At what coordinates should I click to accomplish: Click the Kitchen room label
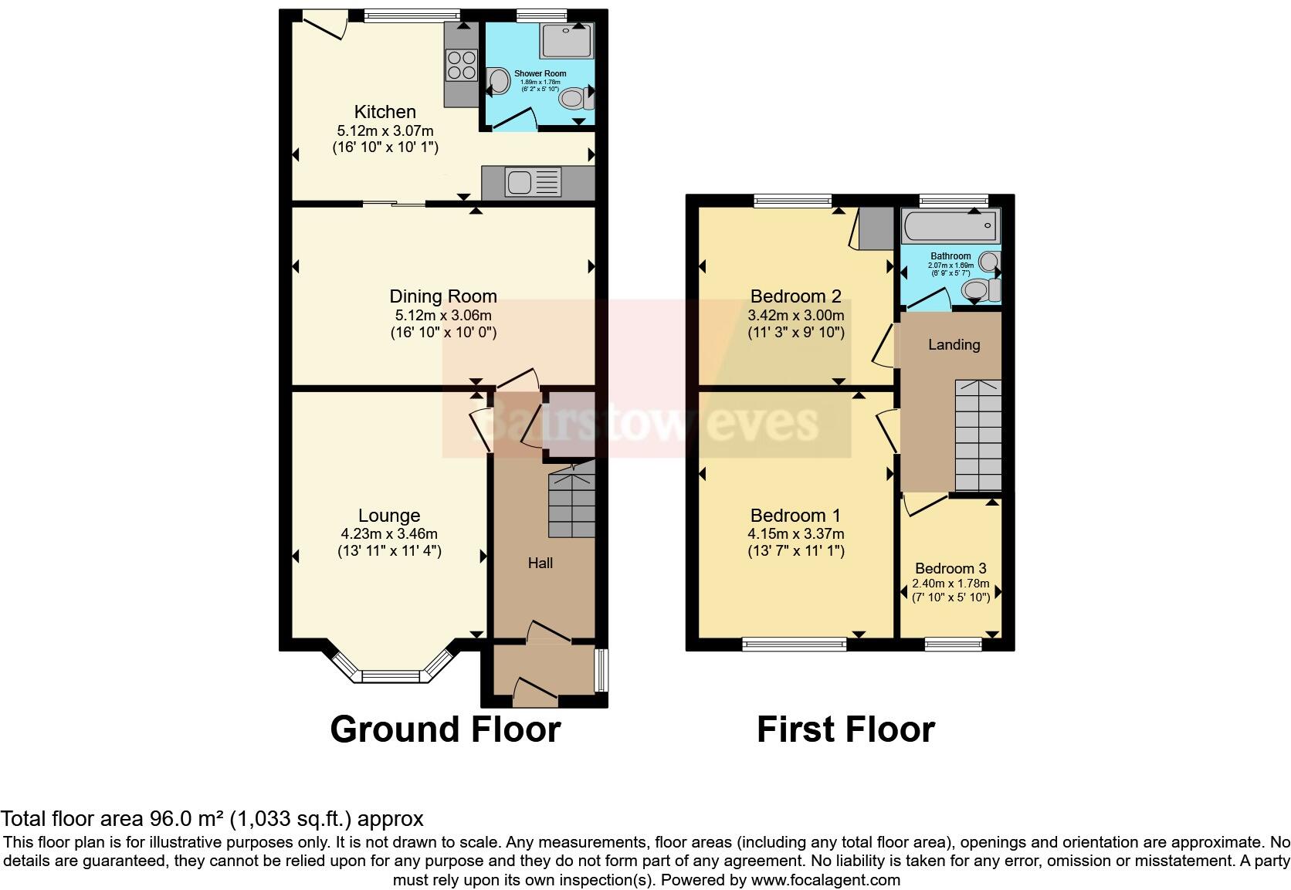385,111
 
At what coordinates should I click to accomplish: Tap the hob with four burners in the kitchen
460,64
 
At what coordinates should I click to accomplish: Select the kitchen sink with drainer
532,182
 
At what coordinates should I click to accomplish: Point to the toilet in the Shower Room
574,98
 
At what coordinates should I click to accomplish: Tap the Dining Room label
442,296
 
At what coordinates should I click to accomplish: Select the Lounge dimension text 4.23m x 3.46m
389,533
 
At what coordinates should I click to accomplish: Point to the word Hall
540,563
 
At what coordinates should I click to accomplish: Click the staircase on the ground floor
571,505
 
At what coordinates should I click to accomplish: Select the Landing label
954,345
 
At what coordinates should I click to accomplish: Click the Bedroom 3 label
950,568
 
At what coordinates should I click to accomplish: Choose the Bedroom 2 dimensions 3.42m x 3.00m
795,315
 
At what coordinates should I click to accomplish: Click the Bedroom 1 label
795,515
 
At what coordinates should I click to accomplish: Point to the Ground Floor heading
445,729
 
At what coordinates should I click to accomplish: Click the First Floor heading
845,729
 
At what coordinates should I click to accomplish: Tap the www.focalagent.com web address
825,879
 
